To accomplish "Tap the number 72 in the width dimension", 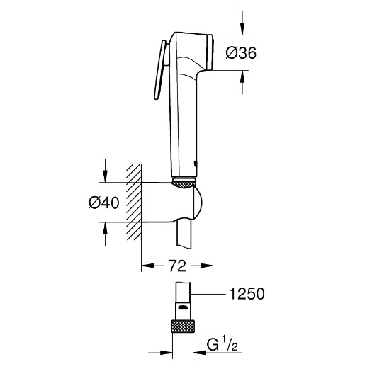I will [x=176, y=267].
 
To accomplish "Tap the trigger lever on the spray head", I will [x=160, y=71].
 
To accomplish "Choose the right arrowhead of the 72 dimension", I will [x=208, y=267].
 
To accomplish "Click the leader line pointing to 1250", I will [x=210, y=294].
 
